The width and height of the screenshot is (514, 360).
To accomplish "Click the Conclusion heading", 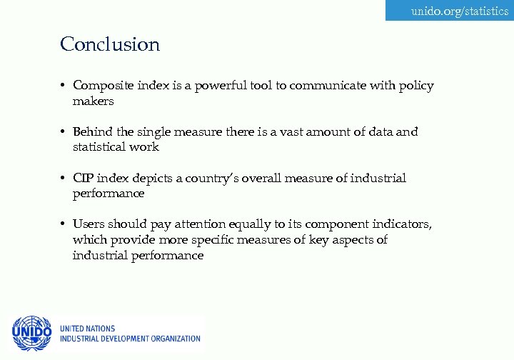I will (110, 44).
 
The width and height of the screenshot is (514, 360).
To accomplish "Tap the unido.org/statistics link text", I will (460, 11).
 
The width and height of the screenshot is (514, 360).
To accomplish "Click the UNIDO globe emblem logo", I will (31, 332).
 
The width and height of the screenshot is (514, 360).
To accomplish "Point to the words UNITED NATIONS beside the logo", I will (88, 329).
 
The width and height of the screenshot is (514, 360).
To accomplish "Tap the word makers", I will (93, 101).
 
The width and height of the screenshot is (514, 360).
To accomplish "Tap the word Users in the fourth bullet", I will (89, 224).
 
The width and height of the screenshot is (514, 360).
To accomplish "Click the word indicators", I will (404, 224).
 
